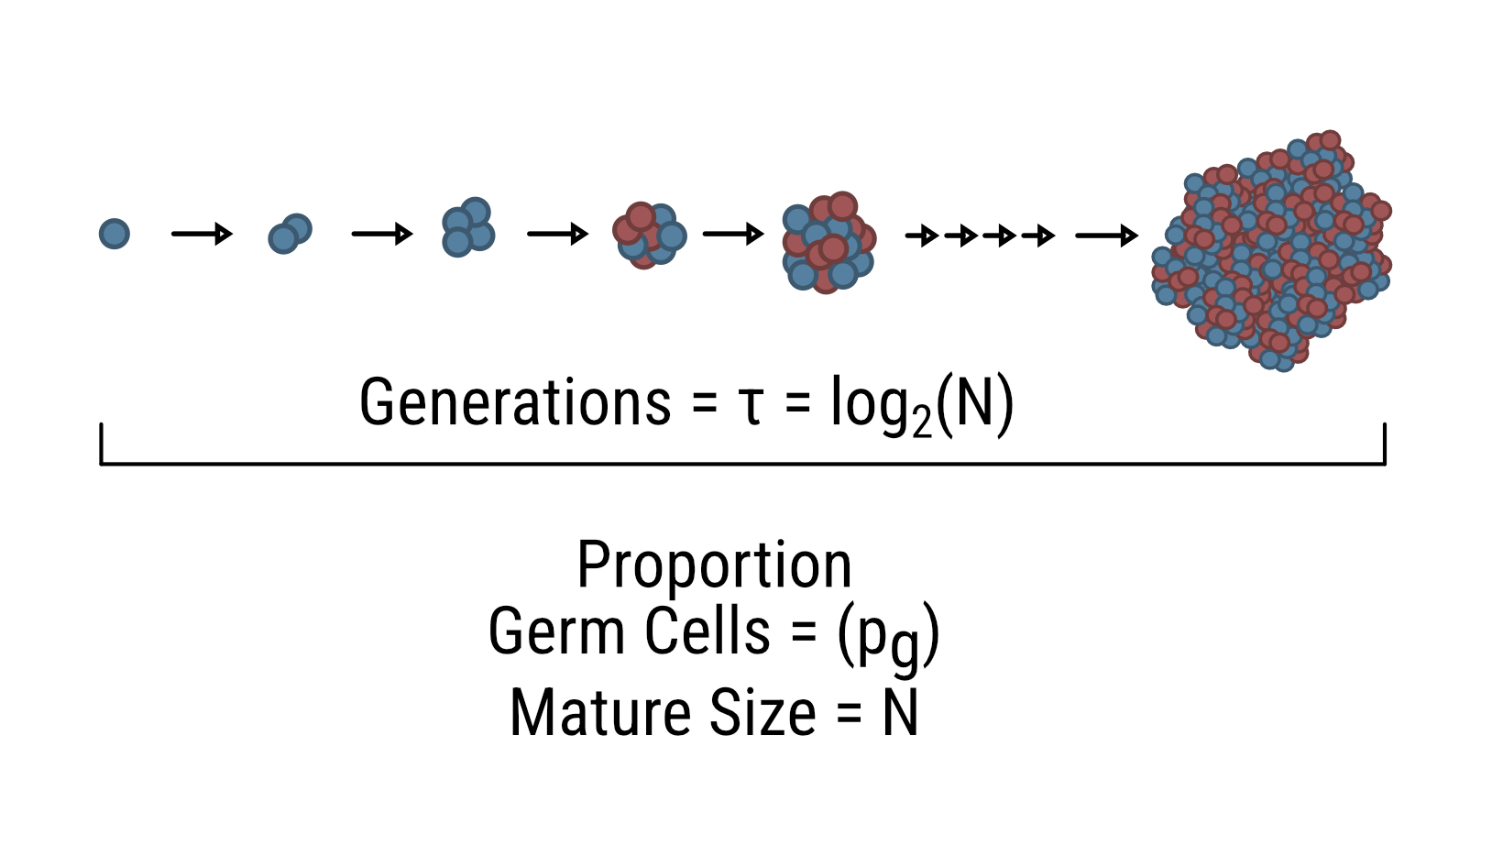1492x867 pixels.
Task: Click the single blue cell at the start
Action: [x=115, y=234]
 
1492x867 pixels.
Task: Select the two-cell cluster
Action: [x=290, y=234]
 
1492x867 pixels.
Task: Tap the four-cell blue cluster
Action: [x=467, y=227]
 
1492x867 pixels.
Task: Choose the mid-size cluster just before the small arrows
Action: [x=828, y=242]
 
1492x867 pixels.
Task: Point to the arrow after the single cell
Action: [x=202, y=235]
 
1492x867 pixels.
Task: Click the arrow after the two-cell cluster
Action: [x=382, y=235]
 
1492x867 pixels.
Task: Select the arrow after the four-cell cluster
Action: [x=557, y=235]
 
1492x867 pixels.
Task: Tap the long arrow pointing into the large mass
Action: [x=1106, y=236]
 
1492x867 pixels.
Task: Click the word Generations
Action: [x=515, y=402]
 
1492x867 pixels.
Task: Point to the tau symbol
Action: [x=751, y=406]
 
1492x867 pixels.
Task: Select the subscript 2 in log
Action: [x=921, y=423]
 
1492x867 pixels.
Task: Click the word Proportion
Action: [x=714, y=565]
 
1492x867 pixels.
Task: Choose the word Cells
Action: [x=707, y=631]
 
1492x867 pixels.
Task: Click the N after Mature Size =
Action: [x=900, y=713]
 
